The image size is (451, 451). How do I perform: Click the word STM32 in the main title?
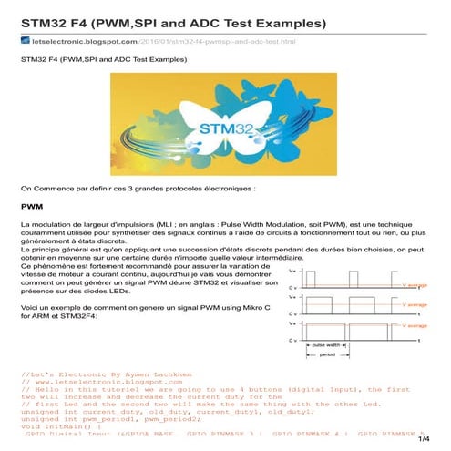pyautogui.click(x=46, y=20)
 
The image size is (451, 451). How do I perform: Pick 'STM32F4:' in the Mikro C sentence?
pyautogui.click(x=81, y=317)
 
